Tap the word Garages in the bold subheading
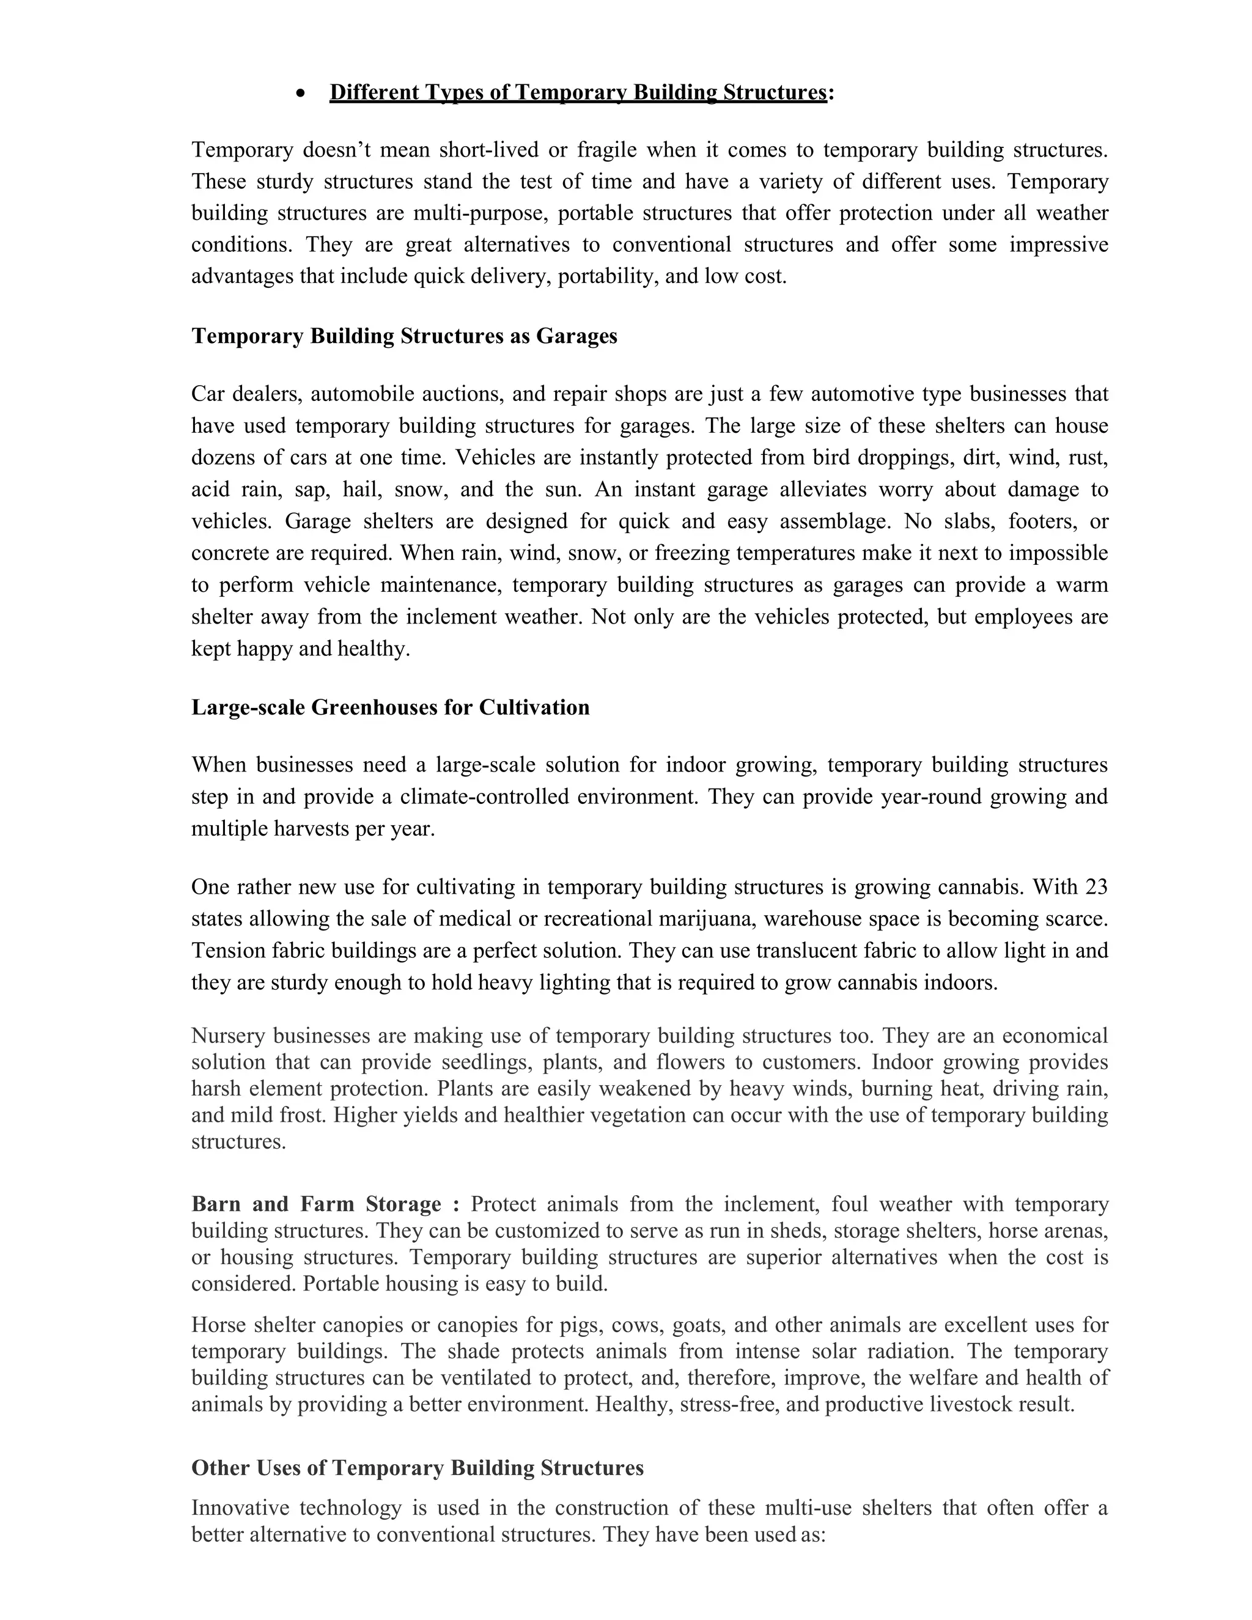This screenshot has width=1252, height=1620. pyautogui.click(x=576, y=336)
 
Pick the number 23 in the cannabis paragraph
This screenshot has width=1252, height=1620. pyautogui.click(x=1096, y=886)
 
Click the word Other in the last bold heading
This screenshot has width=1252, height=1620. pyautogui.click(x=220, y=1468)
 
